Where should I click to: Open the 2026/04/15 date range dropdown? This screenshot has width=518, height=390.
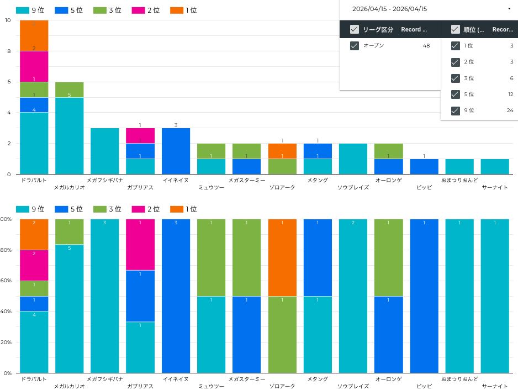click(509, 9)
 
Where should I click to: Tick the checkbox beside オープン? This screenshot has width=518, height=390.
click(355, 46)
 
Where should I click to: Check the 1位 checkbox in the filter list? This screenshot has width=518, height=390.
click(456, 46)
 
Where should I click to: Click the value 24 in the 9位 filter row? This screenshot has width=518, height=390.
click(510, 110)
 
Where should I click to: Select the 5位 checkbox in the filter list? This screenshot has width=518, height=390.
click(456, 94)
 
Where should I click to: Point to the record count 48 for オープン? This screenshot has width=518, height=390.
click(426, 46)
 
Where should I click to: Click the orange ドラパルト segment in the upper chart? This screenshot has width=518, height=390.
click(34, 35)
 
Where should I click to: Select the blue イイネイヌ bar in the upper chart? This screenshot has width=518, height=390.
click(176, 151)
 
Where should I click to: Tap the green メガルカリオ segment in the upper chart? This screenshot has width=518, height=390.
click(70, 89)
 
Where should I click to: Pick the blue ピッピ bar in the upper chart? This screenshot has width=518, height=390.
click(424, 166)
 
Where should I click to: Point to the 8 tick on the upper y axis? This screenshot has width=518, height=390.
click(8, 51)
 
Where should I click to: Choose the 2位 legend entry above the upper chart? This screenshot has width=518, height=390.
click(146, 10)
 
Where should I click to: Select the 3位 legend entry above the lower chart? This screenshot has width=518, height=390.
click(109, 209)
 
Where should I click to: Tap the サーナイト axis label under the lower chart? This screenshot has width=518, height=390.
click(495, 386)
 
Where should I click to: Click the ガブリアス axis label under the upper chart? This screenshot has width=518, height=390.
click(140, 187)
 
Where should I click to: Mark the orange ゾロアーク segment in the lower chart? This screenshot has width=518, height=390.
click(282, 257)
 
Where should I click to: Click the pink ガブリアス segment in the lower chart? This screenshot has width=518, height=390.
click(140, 244)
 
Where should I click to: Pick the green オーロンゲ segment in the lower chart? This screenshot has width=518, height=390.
click(389, 257)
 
